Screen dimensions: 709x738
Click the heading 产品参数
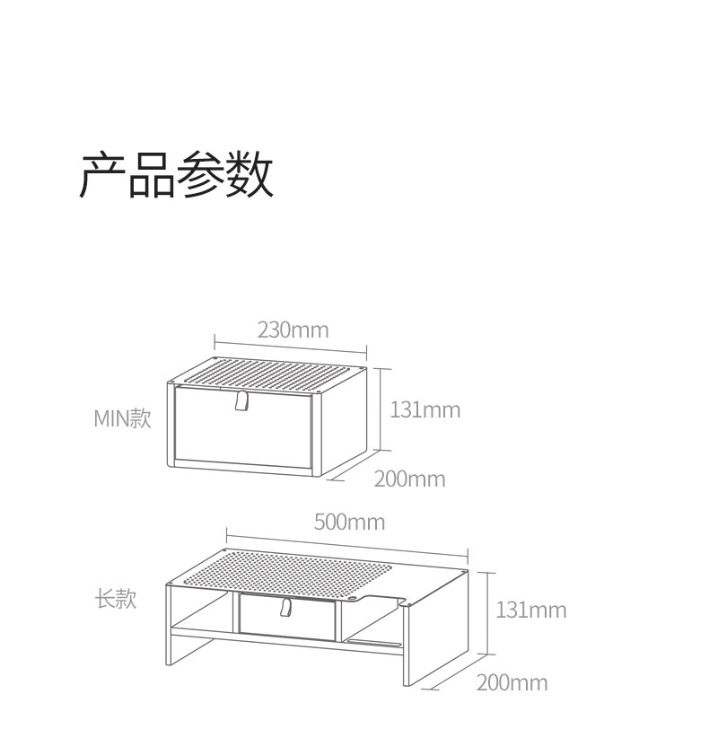(x=177, y=174)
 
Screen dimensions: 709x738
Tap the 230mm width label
(x=293, y=329)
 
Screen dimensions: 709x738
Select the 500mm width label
(x=349, y=522)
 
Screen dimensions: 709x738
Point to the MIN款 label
(x=123, y=418)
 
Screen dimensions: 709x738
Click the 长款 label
(x=116, y=599)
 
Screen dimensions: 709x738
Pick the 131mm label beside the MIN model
(x=425, y=409)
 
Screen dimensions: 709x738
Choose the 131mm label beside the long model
(x=531, y=610)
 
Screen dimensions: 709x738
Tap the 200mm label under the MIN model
(x=409, y=479)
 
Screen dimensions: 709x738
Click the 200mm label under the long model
(x=512, y=682)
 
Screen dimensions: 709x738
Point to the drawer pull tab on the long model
(x=287, y=608)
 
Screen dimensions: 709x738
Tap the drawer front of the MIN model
(x=242, y=431)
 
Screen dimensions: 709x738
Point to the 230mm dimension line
(x=291, y=347)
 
